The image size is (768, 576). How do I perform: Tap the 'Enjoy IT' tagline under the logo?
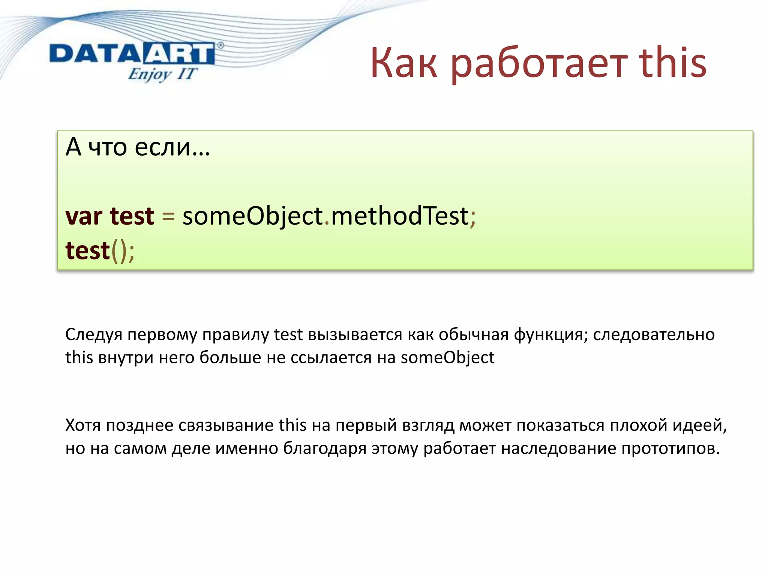tap(162, 74)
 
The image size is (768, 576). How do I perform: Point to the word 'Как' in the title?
tap(403, 63)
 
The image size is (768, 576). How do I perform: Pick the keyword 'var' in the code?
tap(84, 216)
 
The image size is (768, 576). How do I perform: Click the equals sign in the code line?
tap(168, 217)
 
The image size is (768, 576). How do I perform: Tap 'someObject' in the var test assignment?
tap(252, 216)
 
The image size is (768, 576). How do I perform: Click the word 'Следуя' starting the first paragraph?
tap(94, 334)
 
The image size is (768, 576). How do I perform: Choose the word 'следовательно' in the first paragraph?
tap(654, 334)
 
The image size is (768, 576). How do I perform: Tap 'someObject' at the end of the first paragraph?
tap(447, 358)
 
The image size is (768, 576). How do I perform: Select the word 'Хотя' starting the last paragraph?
tap(83, 425)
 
